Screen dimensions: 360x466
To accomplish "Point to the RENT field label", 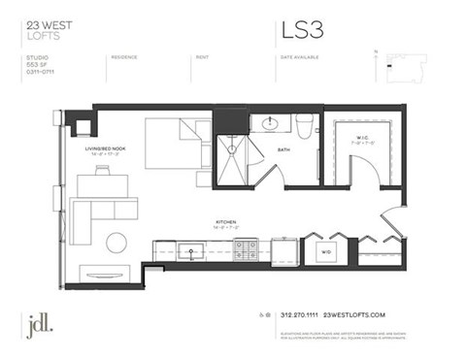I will click(x=202, y=57).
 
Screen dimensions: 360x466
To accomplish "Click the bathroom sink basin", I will click(x=271, y=124).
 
